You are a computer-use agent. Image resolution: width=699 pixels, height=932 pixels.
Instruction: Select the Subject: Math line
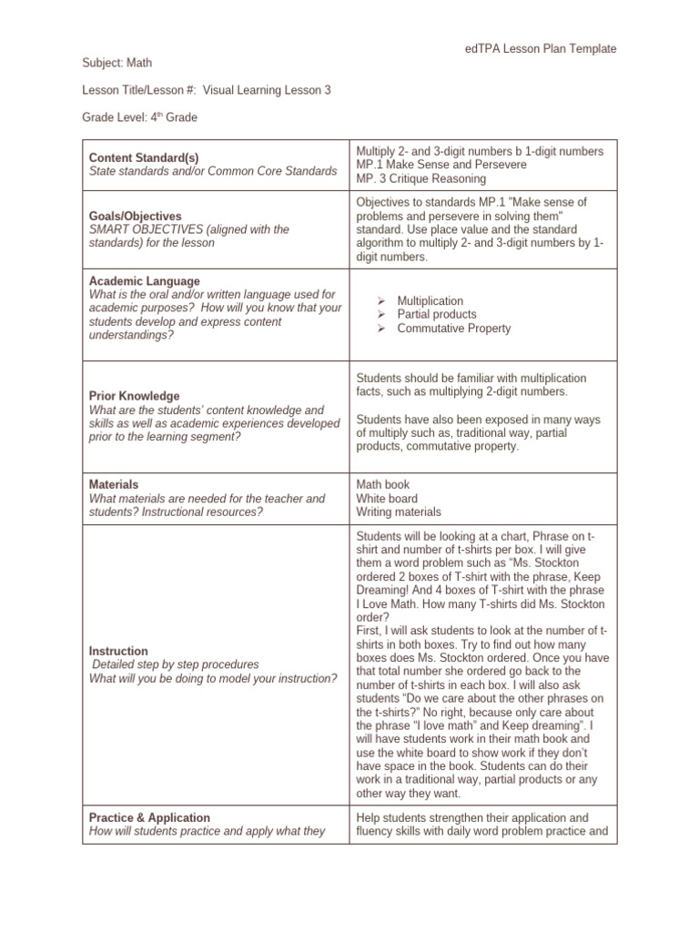coord(117,63)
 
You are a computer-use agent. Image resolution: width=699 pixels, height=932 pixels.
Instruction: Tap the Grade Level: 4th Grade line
coord(139,117)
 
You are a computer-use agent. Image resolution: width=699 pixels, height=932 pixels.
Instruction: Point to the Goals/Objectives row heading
coord(135,217)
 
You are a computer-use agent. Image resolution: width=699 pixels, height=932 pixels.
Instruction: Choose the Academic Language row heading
coord(144,281)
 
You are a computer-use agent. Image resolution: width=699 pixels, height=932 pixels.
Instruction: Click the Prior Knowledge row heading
coord(134,396)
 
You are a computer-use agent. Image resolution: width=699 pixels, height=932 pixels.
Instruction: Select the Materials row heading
coord(114,485)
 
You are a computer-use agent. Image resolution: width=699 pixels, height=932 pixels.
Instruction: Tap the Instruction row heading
coord(118,651)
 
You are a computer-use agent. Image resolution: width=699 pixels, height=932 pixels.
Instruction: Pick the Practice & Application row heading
coord(149,817)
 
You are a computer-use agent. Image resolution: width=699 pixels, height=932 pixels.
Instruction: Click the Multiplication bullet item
coord(430,300)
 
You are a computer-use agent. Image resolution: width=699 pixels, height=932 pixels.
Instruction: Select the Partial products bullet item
coord(436,314)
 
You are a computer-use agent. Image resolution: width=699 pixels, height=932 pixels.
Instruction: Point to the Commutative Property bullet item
coord(453,329)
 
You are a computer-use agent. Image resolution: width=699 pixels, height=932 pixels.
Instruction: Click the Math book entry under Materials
coord(382,485)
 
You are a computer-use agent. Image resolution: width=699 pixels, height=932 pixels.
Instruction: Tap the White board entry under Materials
coord(387,499)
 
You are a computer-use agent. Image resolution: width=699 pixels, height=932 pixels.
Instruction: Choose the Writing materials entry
coord(398,512)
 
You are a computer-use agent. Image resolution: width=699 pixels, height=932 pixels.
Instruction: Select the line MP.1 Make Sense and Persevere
coord(428,164)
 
